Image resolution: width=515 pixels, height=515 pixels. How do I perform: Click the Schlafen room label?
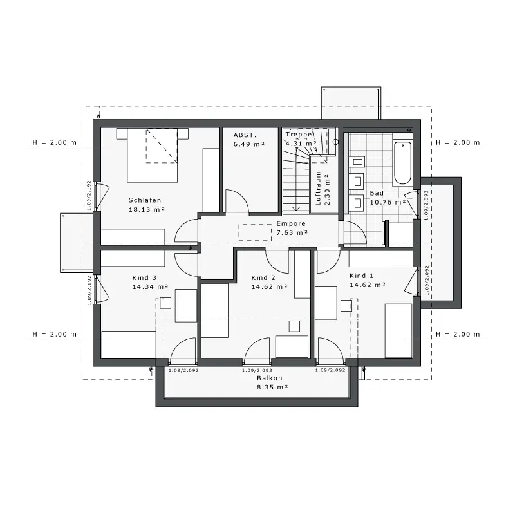145,200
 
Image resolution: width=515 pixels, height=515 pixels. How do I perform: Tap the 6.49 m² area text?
249,144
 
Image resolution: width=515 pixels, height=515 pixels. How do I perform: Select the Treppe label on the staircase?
299,135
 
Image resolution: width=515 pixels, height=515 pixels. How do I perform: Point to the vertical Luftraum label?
318,189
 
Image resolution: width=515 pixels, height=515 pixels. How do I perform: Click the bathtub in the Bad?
403,163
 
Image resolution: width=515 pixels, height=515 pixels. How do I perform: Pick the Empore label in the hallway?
291,223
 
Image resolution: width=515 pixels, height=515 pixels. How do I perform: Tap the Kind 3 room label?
144,278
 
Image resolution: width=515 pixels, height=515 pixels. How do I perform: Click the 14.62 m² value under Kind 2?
269,286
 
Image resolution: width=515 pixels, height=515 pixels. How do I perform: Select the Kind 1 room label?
361,276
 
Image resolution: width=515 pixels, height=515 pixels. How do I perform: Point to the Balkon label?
270,378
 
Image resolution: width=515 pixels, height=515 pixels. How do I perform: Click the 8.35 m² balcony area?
272,388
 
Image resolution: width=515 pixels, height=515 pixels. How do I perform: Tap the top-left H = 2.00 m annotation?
55,142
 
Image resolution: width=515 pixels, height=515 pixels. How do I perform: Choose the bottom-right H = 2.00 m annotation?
458,334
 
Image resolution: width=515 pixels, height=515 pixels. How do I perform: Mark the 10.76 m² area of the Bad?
388,202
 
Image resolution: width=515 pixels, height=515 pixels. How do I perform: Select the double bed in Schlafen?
153,155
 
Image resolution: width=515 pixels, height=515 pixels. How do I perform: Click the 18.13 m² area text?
147,210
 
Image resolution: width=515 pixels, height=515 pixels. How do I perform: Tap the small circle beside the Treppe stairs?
335,142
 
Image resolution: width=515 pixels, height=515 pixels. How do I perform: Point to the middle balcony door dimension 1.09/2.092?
257,371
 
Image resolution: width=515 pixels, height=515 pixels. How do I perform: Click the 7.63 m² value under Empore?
292,233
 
